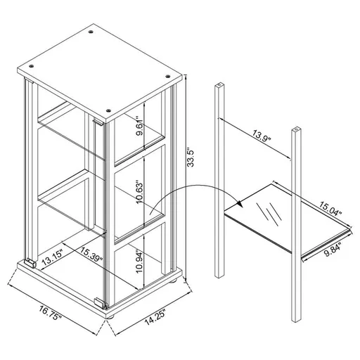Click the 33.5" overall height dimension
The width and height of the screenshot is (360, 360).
coord(187,155)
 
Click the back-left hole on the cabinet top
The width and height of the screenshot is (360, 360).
coord(92,32)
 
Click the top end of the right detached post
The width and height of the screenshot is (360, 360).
coord(296,129)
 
